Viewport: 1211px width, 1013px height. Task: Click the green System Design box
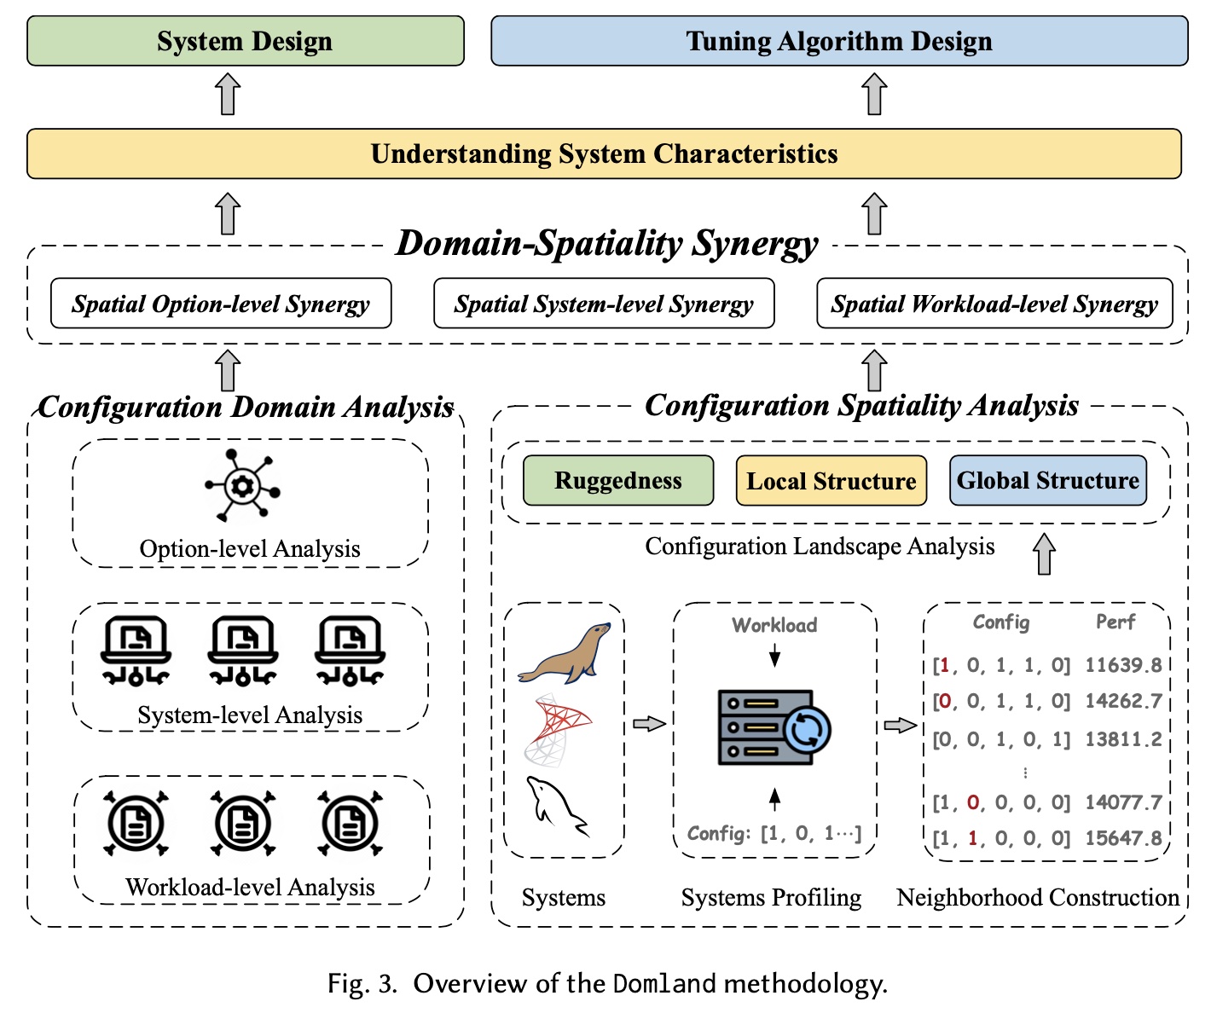246,41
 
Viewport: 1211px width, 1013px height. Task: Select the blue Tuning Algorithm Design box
839,41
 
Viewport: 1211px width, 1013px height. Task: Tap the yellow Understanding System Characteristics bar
604,153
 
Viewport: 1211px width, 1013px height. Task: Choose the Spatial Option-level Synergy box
221,304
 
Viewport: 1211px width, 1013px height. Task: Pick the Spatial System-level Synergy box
604,304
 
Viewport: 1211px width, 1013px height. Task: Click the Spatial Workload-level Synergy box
994,304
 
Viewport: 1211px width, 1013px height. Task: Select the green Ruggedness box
618,481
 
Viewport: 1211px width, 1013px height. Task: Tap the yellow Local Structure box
831,481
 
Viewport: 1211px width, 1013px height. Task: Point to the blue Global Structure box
1048,481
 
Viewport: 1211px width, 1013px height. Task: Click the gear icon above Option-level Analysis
243,486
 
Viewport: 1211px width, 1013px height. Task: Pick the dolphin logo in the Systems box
557,805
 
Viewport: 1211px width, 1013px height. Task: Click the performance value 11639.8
1123,665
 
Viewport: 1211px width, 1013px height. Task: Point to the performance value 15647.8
1123,838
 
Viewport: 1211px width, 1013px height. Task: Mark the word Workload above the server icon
774,625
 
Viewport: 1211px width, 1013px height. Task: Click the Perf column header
1115,622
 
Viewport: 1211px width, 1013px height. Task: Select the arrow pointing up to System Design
228,94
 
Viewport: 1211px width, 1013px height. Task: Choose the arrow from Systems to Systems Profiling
649,724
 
